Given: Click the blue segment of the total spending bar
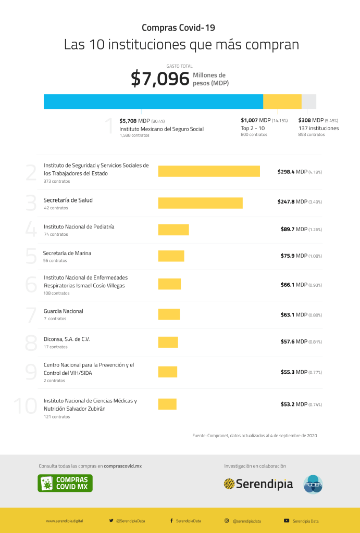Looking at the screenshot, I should point(153,101).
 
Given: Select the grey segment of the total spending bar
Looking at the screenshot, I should point(309,101).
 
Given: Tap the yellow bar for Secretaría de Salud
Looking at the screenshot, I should point(200,203).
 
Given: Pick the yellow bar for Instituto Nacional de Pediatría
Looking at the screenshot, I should point(173,230).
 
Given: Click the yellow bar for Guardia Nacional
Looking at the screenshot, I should point(169,314).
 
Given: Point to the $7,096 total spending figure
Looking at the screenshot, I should point(160,79).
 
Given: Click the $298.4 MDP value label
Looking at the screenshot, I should point(299,171).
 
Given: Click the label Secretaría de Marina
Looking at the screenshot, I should point(67,253).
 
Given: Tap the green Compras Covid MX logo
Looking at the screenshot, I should point(65,483).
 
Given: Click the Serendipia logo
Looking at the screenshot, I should point(258,484).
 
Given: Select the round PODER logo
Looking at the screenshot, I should point(313,484).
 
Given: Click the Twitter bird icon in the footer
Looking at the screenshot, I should point(111,521).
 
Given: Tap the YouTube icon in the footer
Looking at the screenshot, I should point(287,521).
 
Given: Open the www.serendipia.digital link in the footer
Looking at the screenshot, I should point(65,521).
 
